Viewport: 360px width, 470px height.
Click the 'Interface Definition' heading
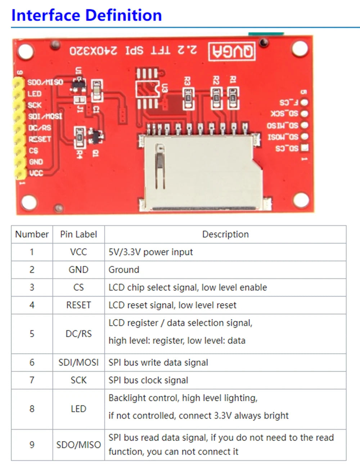point(86,15)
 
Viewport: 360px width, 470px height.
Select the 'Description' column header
point(225,234)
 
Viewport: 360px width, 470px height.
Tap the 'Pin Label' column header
point(78,234)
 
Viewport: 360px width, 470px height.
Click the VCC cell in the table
point(78,252)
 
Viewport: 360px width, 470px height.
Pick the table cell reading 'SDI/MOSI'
point(78,362)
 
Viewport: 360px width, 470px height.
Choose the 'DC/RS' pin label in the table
point(78,334)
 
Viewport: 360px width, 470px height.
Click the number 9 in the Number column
point(32,445)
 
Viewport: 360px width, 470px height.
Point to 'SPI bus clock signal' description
point(148,380)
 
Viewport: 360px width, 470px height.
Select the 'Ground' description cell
point(124,270)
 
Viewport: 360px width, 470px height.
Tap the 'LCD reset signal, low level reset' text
point(172,305)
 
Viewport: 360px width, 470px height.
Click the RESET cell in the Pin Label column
point(78,305)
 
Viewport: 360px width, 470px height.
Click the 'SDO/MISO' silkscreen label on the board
point(45,82)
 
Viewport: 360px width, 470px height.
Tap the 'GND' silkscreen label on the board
point(36,162)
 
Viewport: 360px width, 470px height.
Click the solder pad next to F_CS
point(305,103)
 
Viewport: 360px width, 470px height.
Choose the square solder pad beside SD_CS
point(305,148)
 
